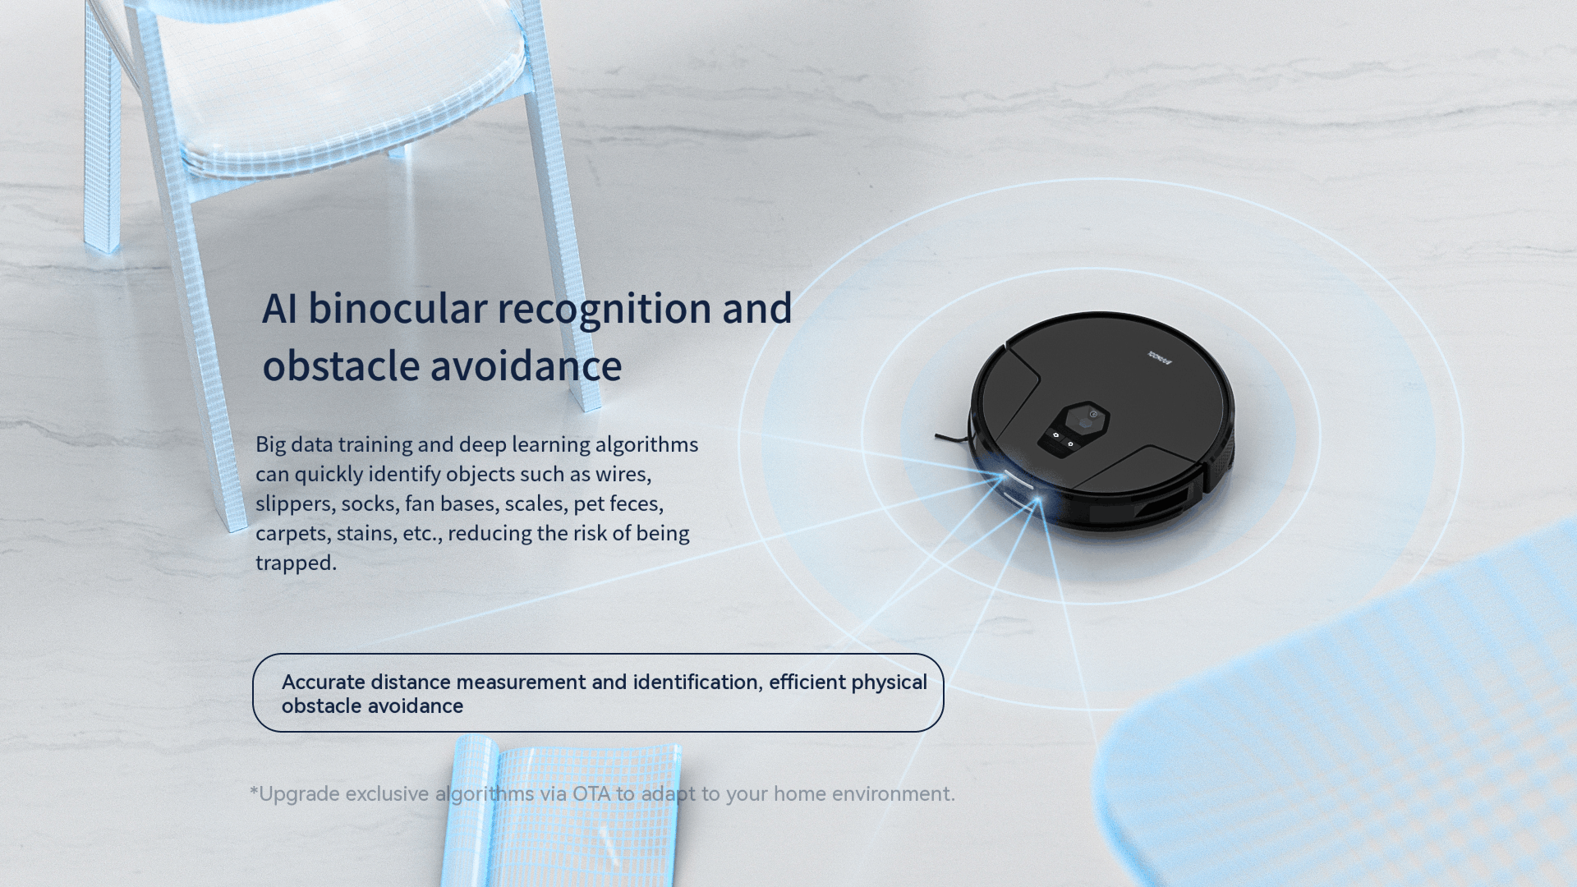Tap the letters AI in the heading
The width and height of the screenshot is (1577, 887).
click(x=279, y=309)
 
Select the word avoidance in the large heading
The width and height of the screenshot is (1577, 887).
click(x=526, y=366)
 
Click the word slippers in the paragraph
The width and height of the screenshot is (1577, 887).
click(x=295, y=503)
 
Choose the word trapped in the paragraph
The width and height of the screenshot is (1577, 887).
click(x=296, y=563)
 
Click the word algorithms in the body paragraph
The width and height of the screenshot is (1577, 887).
click(x=646, y=444)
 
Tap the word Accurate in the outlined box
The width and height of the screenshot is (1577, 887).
click(x=324, y=682)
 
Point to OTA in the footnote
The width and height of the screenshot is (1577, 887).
click(x=591, y=794)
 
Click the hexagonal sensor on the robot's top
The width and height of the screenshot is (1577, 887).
click(x=1086, y=419)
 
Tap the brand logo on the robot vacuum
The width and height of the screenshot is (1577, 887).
click(x=1159, y=357)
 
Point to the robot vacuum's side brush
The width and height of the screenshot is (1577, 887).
click(x=953, y=438)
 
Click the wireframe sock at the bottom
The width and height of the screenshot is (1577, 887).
click(x=563, y=813)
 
